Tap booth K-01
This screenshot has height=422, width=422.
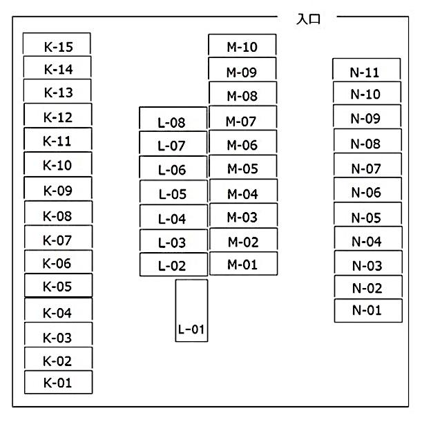pos(57,382)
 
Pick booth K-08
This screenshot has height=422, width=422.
pos(57,215)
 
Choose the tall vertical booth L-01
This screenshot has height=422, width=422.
pos(191,310)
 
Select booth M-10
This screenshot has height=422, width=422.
pos(242,46)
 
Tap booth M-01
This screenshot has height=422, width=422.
pos(242,264)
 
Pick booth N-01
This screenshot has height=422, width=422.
pos(367,310)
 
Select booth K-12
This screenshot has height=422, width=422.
pos(57,116)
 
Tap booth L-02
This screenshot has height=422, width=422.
pos(173,265)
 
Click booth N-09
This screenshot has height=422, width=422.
pos(366,117)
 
